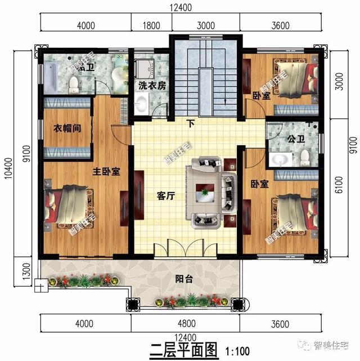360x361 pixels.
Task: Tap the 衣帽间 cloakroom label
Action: [x=67, y=128]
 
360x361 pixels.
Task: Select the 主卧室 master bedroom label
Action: [x=106, y=172]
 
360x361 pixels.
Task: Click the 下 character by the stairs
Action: [x=191, y=123]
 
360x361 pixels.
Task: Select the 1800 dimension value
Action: [x=152, y=25]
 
